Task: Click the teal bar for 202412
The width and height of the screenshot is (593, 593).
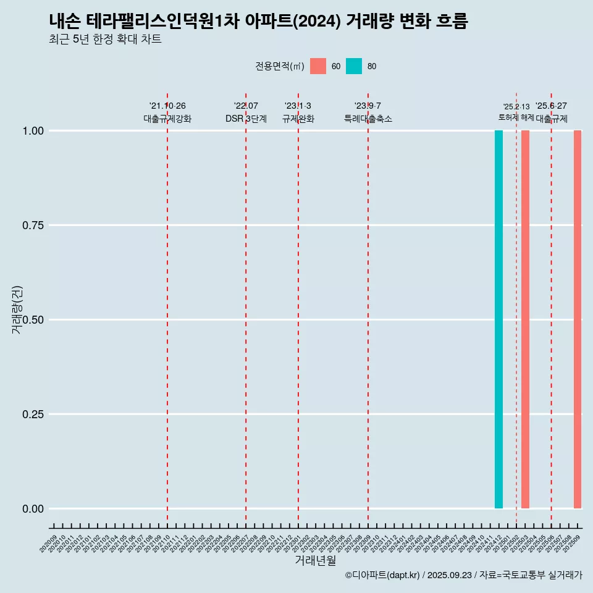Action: [498, 319]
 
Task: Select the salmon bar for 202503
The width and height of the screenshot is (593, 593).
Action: [525, 319]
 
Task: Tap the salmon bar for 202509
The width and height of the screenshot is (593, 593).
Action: [578, 319]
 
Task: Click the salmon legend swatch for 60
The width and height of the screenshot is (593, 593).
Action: [318, 66]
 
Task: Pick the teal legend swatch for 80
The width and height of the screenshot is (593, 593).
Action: [354, 66]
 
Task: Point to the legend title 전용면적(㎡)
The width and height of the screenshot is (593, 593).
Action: [279, 67]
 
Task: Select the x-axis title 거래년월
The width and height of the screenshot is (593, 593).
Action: [316, 560]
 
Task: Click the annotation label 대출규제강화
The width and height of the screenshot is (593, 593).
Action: [167, 119]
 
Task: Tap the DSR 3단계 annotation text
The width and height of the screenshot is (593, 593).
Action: [246, 119]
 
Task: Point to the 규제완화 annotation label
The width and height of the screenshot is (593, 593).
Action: [298, 119]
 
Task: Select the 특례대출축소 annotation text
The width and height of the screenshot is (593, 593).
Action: [368, 119]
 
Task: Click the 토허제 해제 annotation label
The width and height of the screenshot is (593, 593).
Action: [516, 117]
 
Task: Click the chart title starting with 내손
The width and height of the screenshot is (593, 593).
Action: [258, 22]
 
